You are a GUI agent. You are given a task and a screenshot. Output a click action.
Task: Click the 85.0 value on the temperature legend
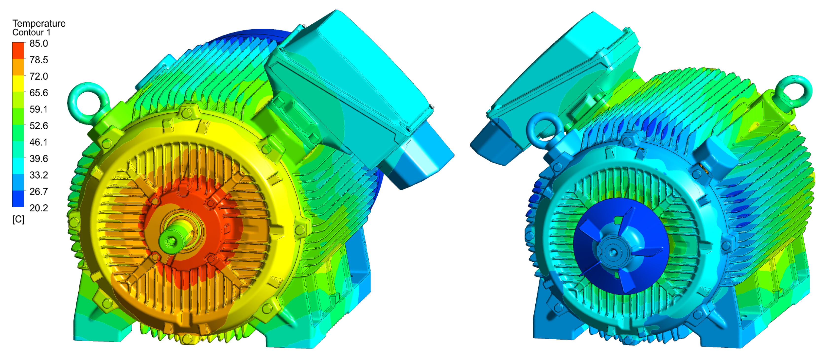pos(38,43)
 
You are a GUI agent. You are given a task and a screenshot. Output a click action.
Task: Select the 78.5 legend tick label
pos(38,60)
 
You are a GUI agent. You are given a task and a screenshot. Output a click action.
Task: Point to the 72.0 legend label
pos(38,76)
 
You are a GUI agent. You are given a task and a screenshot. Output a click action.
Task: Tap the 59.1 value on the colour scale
pos(38,109)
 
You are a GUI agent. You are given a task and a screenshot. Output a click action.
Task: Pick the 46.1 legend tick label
pos(38,142)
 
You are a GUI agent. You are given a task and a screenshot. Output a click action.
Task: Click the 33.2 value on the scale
pos(38,175)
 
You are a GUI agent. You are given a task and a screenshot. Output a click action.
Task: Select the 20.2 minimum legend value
pos(38,208)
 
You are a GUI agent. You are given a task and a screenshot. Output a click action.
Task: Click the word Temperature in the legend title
pos(39,23)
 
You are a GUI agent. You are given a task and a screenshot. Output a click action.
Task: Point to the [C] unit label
pos(18,220)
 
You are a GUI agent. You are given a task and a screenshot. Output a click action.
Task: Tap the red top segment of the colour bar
pos(18,50)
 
